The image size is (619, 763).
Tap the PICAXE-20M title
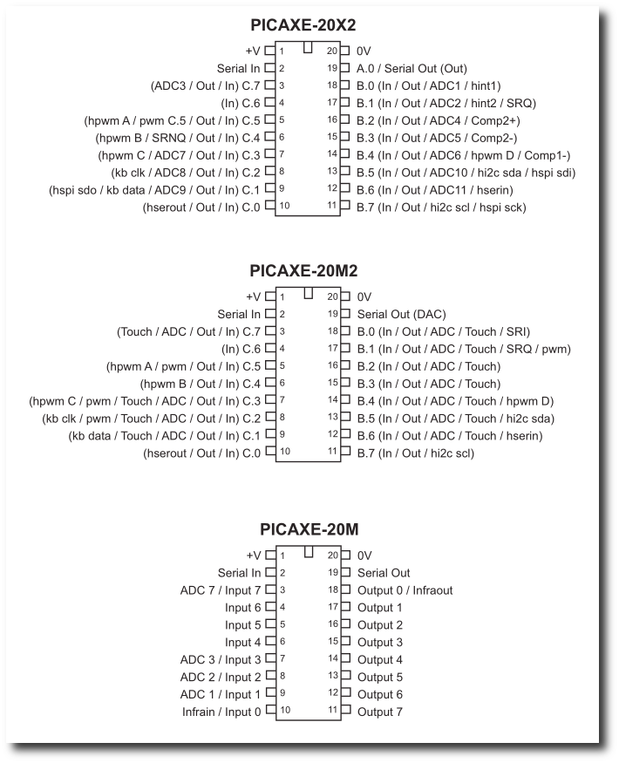click(x=309, y=528)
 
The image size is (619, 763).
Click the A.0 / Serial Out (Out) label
click(x=412, y=68)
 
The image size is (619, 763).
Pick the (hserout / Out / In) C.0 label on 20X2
click(x=202, y=207)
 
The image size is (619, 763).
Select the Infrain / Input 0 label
click(x=221, y=712)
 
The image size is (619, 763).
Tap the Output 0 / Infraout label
click(x=405, y=590)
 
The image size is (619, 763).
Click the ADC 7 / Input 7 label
click(x=221, y=590)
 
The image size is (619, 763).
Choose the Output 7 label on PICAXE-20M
click(x=380, y=712)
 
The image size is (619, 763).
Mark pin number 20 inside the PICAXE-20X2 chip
click(x=332, y=51)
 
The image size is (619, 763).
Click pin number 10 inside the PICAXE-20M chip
click(x=285, y=712)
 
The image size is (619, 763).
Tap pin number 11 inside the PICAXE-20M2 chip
click(x=332, y=453)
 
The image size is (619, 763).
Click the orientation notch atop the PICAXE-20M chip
click(x=309, y=551)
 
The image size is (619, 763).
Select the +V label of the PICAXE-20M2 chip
click(x=254, y=296)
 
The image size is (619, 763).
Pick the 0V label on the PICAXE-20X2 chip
click(x=364, y=51)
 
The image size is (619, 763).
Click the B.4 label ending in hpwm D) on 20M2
click(x=455, y=401)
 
